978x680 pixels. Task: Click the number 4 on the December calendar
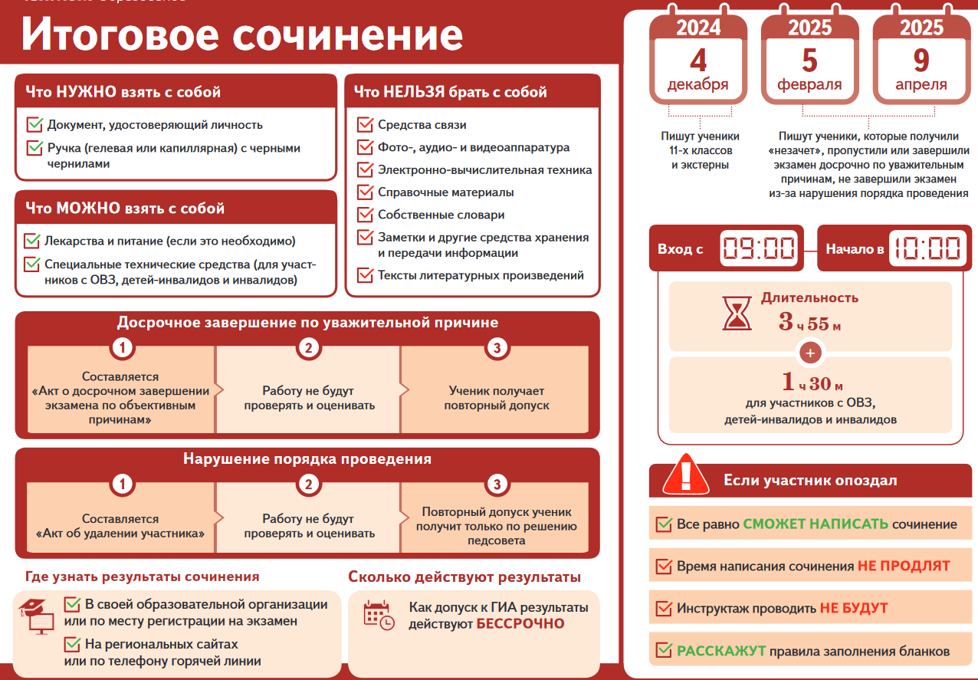pyautogui.click(x=698, y=61)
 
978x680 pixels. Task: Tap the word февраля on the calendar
pyautogui.click(x=809, y=84)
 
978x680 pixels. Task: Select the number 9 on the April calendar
pyautogui.click(x=921, y=61)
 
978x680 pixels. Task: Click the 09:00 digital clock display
pyautogui.click(x=759, y=248)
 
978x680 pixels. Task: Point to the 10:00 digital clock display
pyautogui.click(x=927, y=248)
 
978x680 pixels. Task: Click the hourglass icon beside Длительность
pyautogui.click(x=737, y=313)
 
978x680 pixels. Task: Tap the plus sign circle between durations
pyautogui.click(x=810, y=353)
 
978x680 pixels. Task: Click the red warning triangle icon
pyautogui.click(x=685, y=475)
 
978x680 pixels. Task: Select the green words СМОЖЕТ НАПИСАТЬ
pyautogui.click(x=816, y=524)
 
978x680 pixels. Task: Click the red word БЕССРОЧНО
pyautogui.click(x=520, y=624)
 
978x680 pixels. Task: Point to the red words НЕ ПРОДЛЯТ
pyautogui.click(x=904, y=566)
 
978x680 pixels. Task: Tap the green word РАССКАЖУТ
pyautogui.click(x=721, y=651)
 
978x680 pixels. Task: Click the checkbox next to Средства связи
pyautogui.click(x=365, y=124)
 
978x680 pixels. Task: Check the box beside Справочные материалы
pyautogui.click(x=365, y=192)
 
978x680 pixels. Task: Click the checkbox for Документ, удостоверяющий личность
pyautogui.click(x=34, y=124)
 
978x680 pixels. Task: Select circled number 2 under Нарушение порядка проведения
pyautogui.click(x=309, y=484)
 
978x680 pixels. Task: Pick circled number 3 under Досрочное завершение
pyautogui.click(x=497, y=348)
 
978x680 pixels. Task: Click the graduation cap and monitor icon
pyautogui.click(x=37, y=616)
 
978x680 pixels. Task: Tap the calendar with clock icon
pyautogui.click(x=379, y=616)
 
